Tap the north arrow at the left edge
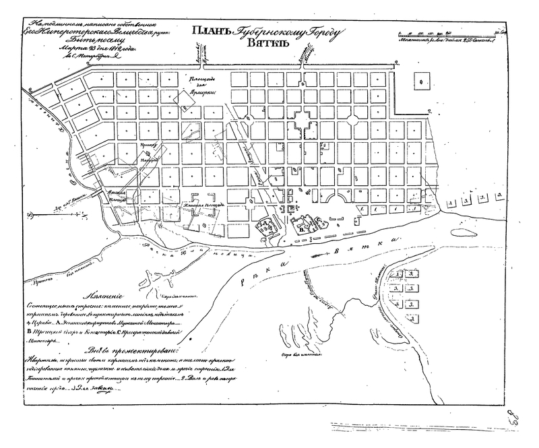coord(31,216)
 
